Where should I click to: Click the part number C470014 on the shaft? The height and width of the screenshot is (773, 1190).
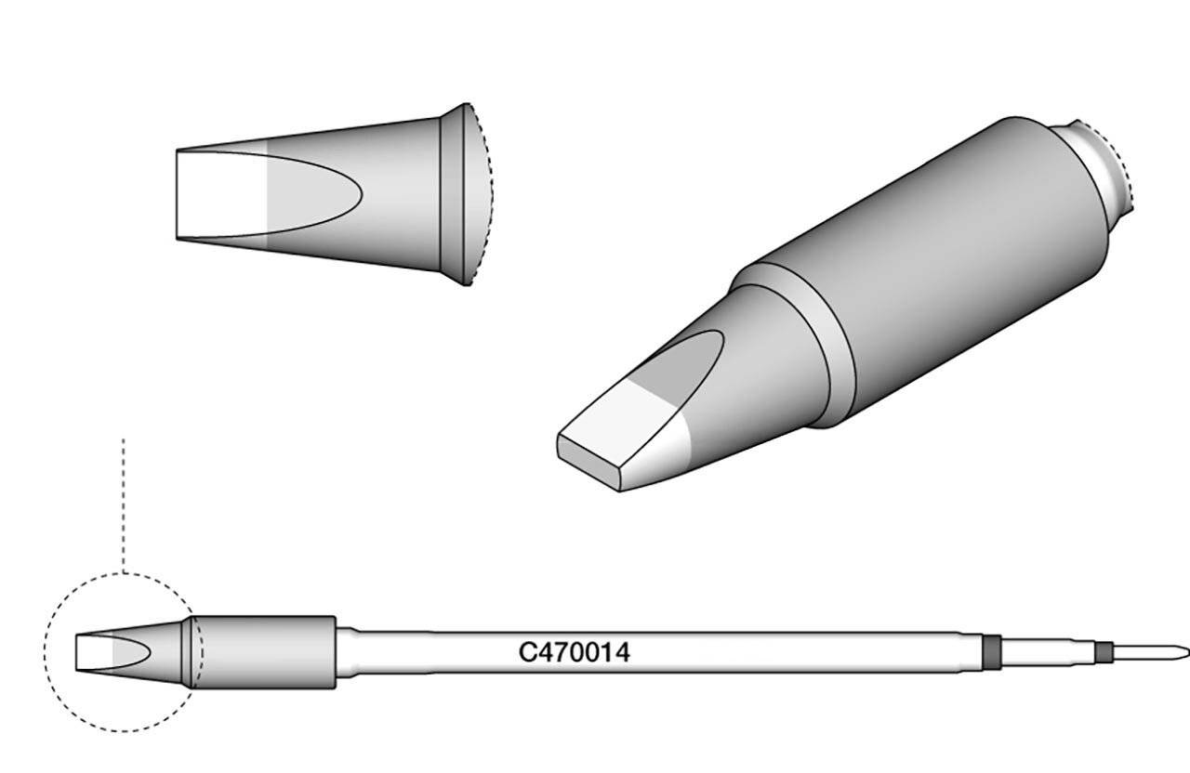(574, 653)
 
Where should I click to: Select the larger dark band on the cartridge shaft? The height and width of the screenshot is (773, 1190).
(991, 652)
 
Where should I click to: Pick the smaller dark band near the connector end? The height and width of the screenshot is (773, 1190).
(1103, 653)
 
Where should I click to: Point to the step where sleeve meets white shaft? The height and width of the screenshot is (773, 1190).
(344, 652)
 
